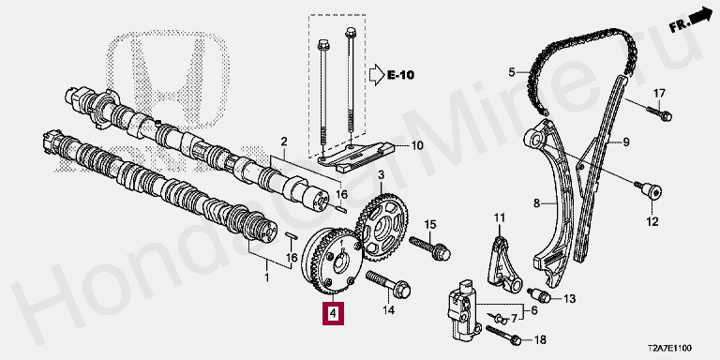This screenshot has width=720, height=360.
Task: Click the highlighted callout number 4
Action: [333, 314]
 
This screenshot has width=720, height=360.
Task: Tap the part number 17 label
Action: [659, 94]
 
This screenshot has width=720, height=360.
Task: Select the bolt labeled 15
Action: [429, 247]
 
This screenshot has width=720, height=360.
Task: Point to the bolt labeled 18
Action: [503, 335]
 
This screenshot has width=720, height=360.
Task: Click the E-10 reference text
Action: [401, 74]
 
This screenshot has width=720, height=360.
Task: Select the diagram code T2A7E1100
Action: [669, 349]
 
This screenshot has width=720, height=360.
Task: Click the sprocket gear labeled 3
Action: [382, 227]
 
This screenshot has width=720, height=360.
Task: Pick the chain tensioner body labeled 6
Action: [464, 309]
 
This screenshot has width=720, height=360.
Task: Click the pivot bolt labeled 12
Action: [648, 190]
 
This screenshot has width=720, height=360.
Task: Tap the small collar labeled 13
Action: [540, 295]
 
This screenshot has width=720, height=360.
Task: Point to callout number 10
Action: [417, 146]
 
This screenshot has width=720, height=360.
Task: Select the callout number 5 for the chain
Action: [513, 71]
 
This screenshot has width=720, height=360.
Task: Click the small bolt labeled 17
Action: [660, 112]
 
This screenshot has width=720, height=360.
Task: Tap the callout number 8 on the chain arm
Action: [537, 202]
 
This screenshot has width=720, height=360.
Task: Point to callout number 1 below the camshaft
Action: [267, 278]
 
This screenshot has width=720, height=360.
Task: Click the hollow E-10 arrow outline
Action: [376, 74]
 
